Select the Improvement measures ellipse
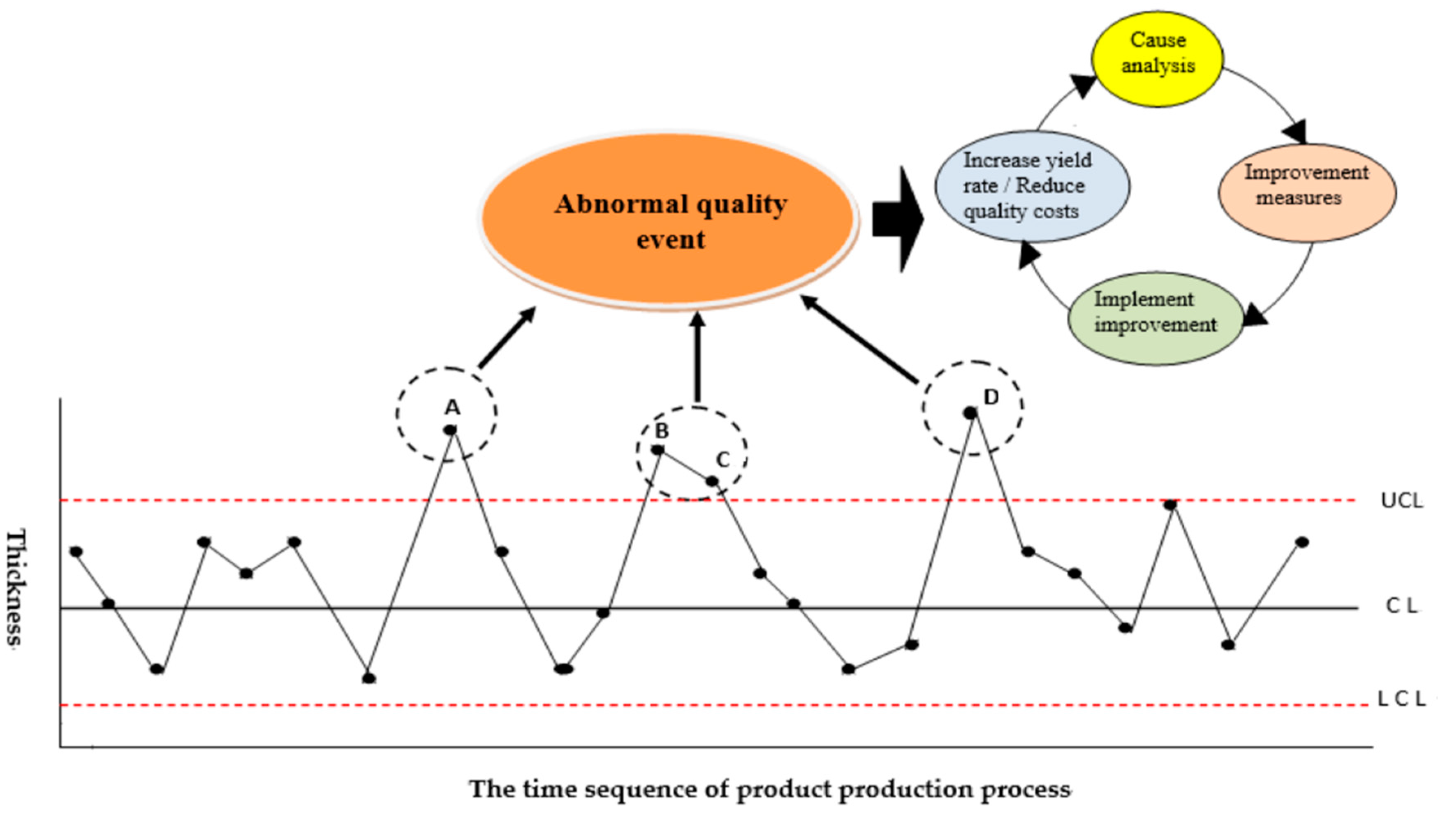1306,192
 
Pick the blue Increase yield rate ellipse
1031,186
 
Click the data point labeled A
450,430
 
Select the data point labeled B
658,449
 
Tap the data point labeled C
711,481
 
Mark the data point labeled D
970,413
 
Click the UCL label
1401,500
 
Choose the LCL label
1401,698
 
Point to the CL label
1401,606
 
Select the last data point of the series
1302,542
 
